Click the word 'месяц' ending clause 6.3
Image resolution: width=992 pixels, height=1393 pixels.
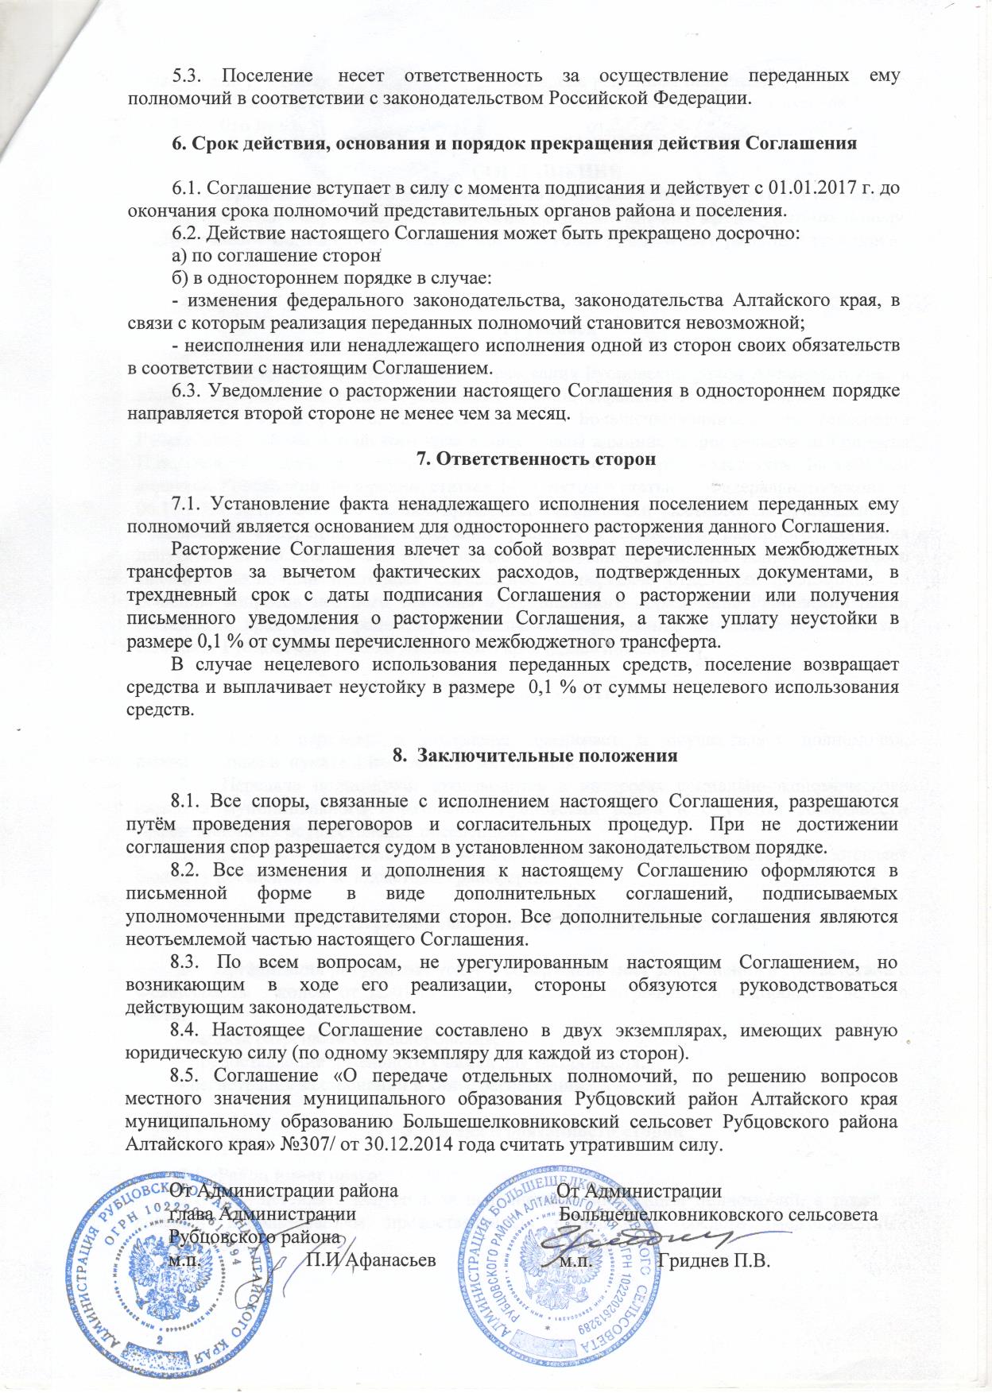542,413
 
